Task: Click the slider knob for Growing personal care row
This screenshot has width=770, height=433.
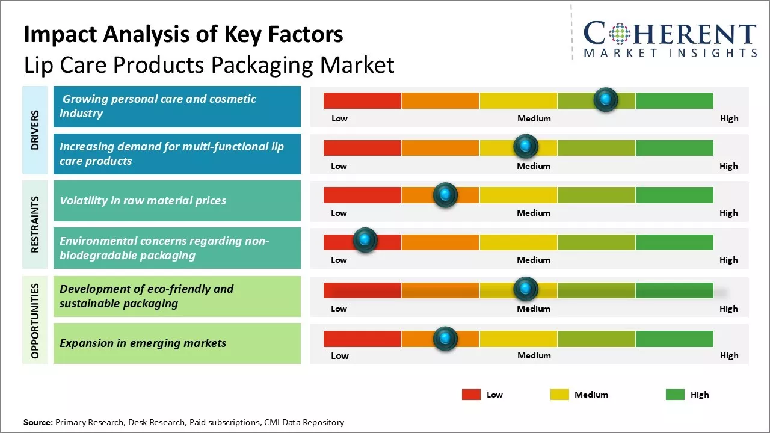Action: click(x=606, y=99)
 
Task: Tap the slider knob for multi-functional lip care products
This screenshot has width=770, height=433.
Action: click(x=526, y=146)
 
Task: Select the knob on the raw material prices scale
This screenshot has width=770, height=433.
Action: click(x=445, y=195)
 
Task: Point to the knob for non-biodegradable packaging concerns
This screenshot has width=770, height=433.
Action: click(x=365, y=241)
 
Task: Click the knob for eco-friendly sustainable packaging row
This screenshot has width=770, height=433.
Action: click(x=526, y=289)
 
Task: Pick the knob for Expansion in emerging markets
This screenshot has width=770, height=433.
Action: click(x=445, y=339)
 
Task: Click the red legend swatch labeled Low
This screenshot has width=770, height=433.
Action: click(x=471, y=395)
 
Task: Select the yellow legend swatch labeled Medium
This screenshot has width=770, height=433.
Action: click(x=559, y=395)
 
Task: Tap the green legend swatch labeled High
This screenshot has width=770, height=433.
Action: click(x=675, y=395)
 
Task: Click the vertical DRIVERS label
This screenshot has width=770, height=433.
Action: click(x=35, y=129)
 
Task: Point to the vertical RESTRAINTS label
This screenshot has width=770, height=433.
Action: click(x=35, y=224)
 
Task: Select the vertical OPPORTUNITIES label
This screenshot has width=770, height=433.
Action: click(x=35, y=321)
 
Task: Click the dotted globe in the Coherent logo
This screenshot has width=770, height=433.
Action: click(x=619, y=34)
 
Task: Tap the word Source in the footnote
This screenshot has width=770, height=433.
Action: click(x=38, y=422)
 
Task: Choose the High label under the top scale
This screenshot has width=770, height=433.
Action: click(x=729, y=118)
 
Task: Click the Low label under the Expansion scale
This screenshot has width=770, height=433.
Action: click(x=340, y=355)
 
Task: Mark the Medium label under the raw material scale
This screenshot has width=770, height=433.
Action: click(x=534, y=213)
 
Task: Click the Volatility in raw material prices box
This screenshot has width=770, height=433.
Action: click(x=177, y=201)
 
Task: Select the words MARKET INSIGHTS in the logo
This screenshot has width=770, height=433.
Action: click(x=671, y=53)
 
